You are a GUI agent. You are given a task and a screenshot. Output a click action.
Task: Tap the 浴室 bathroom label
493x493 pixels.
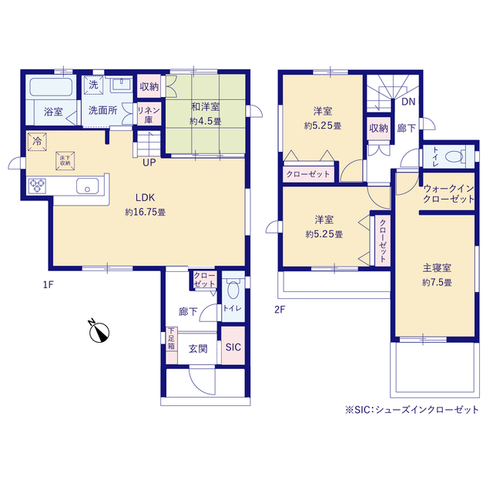[53, 111]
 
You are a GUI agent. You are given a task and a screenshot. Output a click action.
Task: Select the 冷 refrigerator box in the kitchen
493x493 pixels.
[36, 142]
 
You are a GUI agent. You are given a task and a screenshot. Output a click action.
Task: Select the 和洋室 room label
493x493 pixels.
[205, 108]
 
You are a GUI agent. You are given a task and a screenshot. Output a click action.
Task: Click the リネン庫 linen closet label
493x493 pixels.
[148, 115]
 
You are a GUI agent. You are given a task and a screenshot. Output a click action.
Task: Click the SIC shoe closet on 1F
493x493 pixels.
[233, 347]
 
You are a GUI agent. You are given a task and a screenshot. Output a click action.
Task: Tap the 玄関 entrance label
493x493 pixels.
[198, 348]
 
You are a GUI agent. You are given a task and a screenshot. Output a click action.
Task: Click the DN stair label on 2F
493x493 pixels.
[407, 100]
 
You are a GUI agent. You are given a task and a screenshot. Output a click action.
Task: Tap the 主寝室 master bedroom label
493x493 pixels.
[436, 268]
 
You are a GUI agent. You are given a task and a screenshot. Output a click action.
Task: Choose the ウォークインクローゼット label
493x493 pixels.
[448, 194]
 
